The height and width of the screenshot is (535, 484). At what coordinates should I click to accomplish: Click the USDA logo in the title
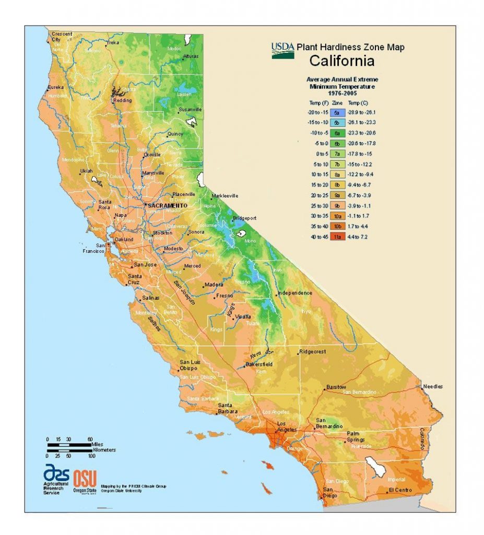point(282,50)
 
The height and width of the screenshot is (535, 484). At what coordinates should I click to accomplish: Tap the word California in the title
point(341,61)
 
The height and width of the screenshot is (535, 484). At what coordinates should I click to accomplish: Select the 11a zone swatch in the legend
point(337,237)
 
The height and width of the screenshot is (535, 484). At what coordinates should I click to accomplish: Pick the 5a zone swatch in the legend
point(337,112)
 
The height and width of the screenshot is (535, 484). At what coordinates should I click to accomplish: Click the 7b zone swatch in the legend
point(337,164)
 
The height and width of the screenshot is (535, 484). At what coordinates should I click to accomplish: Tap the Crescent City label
point(62,37)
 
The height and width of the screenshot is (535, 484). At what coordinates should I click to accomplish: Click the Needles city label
point(433,387)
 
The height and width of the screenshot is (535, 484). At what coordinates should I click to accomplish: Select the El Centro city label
point(400,490)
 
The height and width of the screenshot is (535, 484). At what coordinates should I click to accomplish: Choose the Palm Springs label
point(358,437)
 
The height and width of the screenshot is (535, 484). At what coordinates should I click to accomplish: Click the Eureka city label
point(56,87)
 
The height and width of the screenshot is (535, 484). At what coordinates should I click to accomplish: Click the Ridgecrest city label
point(312,352)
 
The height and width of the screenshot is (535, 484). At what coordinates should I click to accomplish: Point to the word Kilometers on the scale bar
point(103,449)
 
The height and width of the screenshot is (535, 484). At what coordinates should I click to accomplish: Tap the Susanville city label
point(190,110)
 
